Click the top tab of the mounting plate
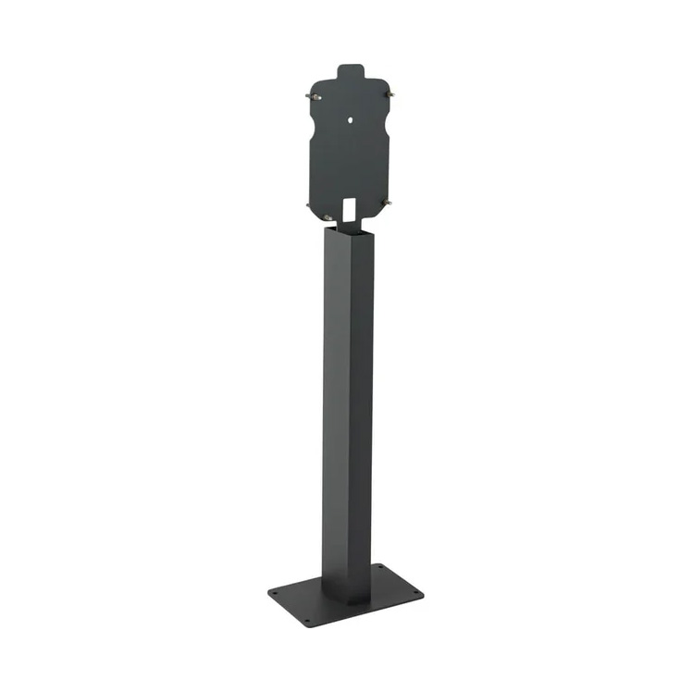(x=350, y=71)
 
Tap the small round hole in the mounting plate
(x=352, y=118)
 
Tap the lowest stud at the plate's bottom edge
(x=328, y=218)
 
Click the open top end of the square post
(x=349, y=226)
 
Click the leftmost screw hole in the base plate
(x=273, y=594)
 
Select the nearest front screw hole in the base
(x=306, y=622)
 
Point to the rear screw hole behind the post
(x=380, y=566)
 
